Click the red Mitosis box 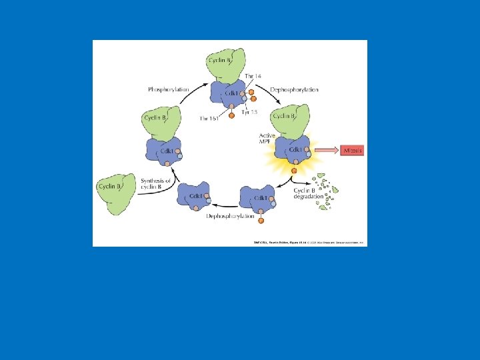click(x=352, y=151)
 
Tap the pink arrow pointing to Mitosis click(x=327, y=151)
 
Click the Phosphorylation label click(x=168, y=89)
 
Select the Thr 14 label click(x=253, y=77)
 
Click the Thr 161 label click(x=209, y=118)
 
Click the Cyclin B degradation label click(x=309, y=194)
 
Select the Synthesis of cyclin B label click(x=156, y=184)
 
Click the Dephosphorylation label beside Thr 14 click(x=294, y=89)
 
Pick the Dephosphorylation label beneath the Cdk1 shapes click(x=231, y=216)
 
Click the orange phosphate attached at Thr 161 click(x=231, y=115)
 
